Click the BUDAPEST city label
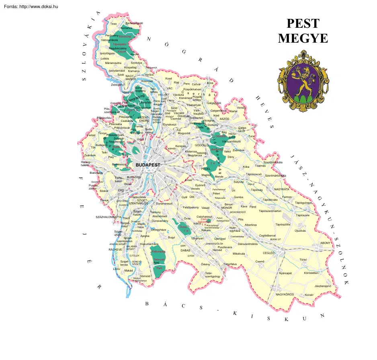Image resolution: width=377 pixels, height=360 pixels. click(x=148, y=165)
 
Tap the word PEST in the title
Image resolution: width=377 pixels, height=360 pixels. click(x=303, y=24)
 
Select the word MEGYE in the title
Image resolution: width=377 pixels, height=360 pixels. click(x=303, y=39)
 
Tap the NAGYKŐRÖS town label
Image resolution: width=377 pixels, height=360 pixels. click(x=285, y=294)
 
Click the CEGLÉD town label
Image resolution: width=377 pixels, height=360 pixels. click(x=268, y=253)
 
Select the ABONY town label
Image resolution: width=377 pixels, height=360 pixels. click(x=325, y=243)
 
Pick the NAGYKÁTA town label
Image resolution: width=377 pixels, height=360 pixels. click(x=282, y=189)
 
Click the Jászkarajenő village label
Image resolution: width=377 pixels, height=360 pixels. click(x=322, y=286)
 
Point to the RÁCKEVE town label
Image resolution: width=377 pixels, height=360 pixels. click(x=115, y=249)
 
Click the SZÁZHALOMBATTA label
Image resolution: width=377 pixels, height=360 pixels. click(x=109, y=217)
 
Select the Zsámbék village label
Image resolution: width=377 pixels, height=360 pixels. click(x=90, y=155)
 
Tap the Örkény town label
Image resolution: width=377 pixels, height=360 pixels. click(x=205, y=264)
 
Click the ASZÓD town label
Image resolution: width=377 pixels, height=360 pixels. click(x=224, y=119)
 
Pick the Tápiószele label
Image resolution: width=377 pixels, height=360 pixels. click(x=303, y=215)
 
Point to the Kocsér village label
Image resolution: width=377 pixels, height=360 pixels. click(x=309, y=295)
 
